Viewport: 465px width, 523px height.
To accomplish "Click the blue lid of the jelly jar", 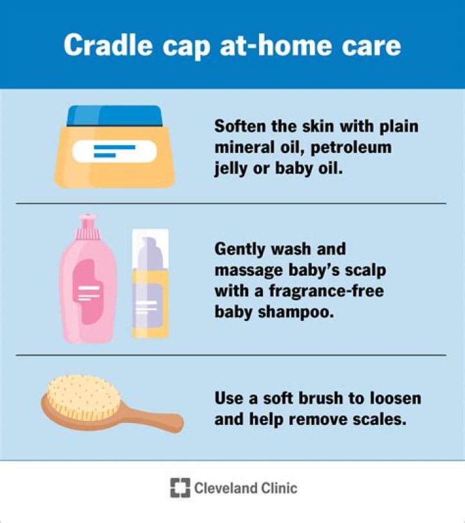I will pos(114,116).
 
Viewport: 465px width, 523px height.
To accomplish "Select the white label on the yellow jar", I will pos(114,152).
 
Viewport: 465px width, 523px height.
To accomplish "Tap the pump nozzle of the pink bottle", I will pos(85,225).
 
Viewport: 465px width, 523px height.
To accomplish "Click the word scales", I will pos(381,418).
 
